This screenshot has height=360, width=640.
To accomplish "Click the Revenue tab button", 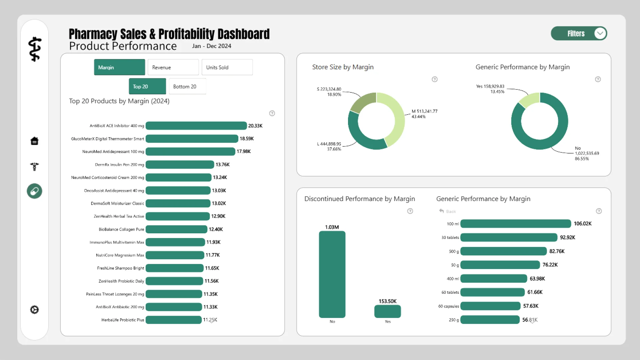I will (173, 67).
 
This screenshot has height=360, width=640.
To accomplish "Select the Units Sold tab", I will (227, 67).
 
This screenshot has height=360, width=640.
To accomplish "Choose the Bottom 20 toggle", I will (187, 87).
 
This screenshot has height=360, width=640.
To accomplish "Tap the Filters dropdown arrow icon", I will (600, 33).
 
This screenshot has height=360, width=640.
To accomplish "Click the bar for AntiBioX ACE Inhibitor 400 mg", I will (196, 126).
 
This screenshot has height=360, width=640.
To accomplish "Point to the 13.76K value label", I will (222, 165).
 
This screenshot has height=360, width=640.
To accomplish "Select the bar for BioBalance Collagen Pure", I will (176, 229).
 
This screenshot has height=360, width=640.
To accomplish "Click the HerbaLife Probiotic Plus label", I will (123, 320).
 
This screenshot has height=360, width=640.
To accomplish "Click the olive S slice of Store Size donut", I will (362, 103).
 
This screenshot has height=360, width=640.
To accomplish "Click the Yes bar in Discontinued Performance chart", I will (387, 311).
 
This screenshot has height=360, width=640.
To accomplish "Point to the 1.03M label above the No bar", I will (332, 227).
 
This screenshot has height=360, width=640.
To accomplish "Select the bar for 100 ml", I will (515, 224).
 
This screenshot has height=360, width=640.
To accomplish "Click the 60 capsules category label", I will (448, 306).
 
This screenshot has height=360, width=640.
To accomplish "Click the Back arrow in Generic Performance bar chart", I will (442, 211).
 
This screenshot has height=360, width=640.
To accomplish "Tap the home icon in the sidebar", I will (34, 141).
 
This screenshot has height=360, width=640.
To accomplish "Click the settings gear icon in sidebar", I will (34, 310).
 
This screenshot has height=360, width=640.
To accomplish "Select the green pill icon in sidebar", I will (34, 191).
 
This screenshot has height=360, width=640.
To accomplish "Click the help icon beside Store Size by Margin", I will (434, 79).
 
